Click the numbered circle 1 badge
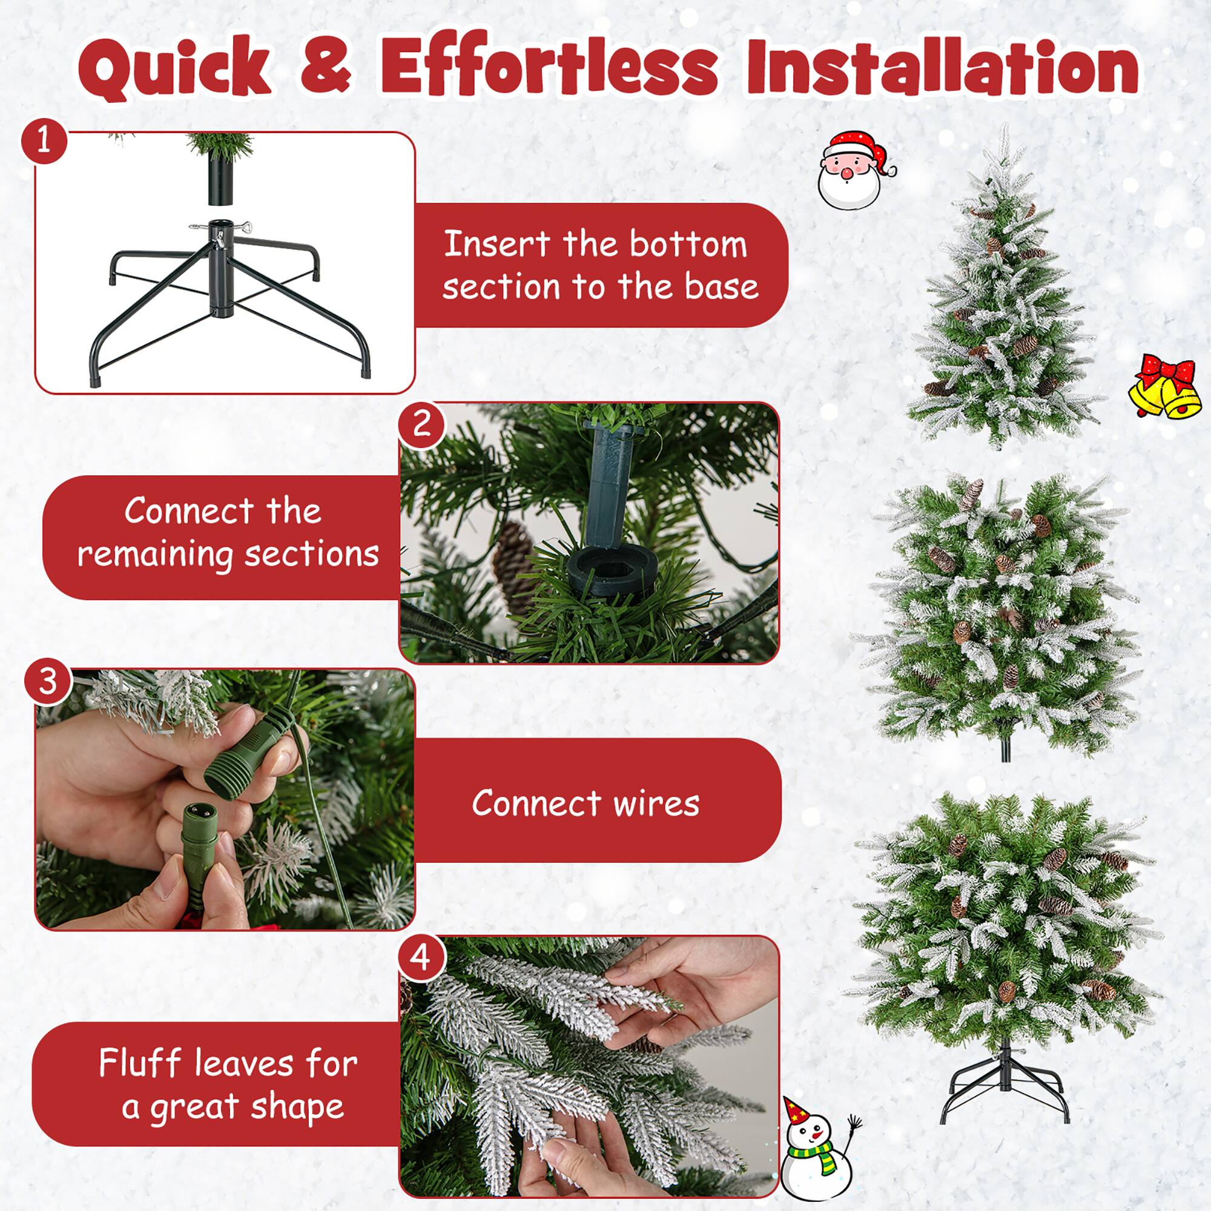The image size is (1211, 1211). pos(43,142)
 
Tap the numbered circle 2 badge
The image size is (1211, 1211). pos(422,423)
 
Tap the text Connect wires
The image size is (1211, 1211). pos(585,803)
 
